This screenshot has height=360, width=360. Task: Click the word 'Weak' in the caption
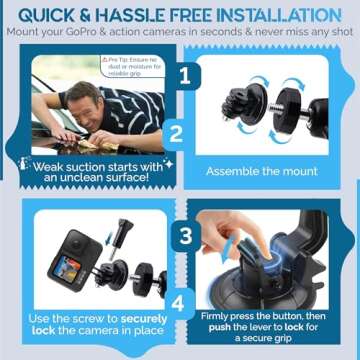pyautogui.click(x=53, y=165)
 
